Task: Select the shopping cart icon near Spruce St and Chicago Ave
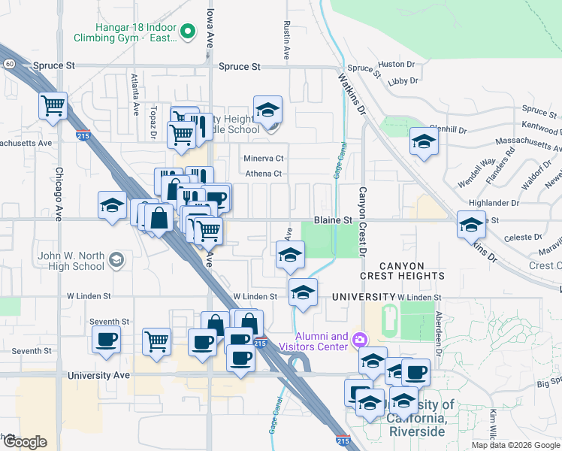pyautogui.click(x=53, y=106)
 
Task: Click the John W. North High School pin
pyautogui.click(x=116, y=260)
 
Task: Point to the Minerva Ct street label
pyautogui.click(x=263, y=159)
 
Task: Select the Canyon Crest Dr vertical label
pyautogui.click(x=362, y=222)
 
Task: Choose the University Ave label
pyautogui.click(x=98, y=374)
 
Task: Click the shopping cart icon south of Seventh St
pyautogui.click(x=156, y=341)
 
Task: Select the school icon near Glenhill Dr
pyautogui.click(x=424, y=141)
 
